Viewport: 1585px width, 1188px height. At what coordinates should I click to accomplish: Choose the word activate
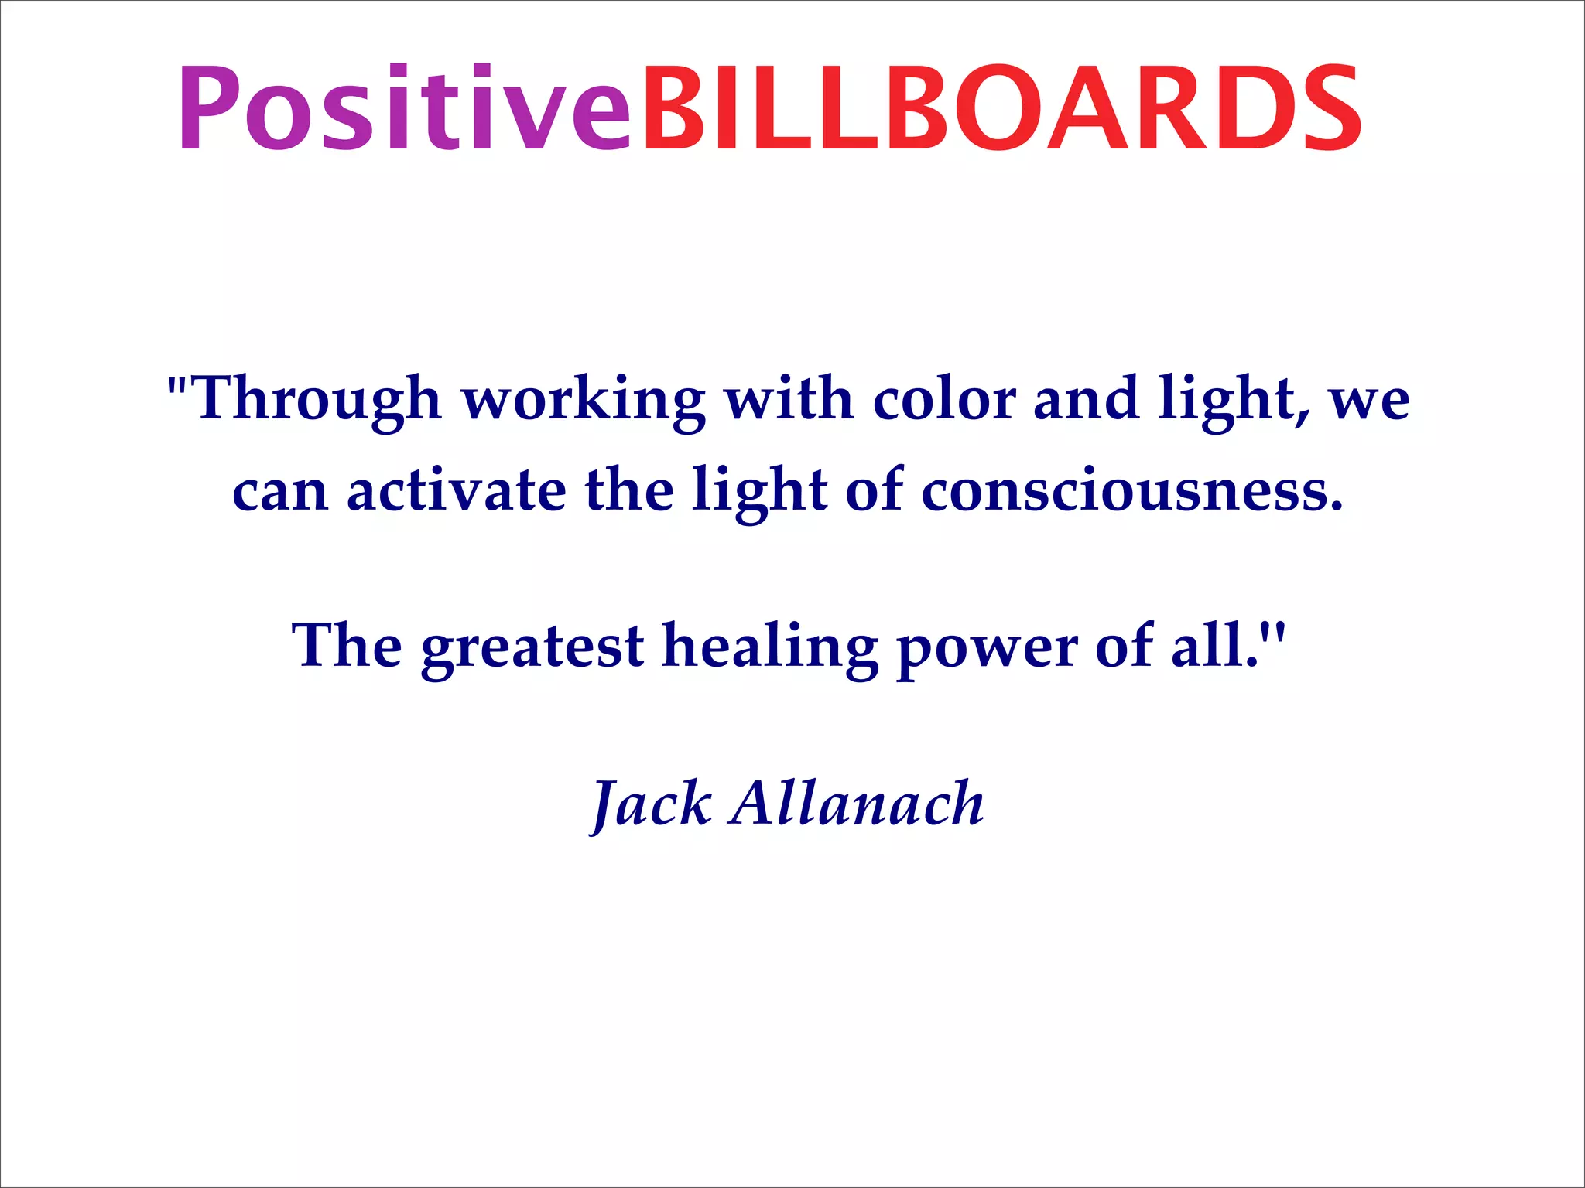pos(457,490)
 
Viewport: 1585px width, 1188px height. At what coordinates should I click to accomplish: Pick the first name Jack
pos(651,804)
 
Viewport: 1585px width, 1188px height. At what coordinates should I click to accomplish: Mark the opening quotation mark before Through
pos(177,384)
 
